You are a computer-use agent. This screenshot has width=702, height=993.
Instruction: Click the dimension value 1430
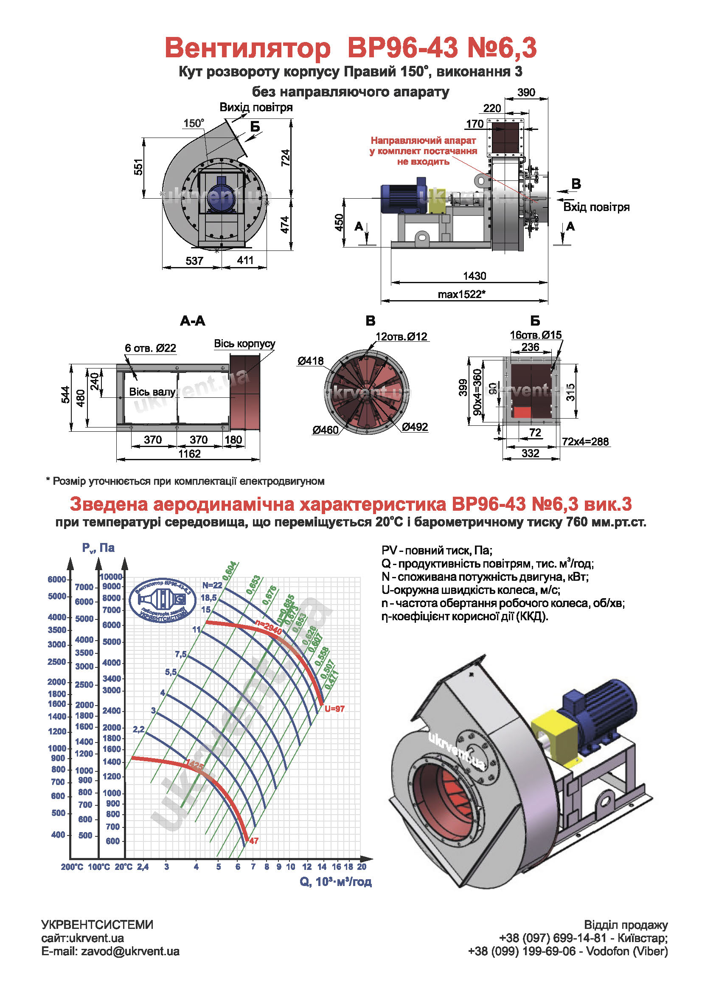coord(474,276)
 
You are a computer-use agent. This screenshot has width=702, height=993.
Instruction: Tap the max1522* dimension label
coord(461,295)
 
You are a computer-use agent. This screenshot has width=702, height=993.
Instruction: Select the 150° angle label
coord(193,123)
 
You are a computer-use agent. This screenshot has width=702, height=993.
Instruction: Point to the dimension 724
coord(285,158)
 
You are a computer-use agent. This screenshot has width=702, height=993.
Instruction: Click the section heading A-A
coord(192,321)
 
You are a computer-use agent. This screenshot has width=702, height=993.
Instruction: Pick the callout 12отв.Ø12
coord(401,337)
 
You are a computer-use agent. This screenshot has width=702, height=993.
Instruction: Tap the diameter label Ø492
coord(415,427)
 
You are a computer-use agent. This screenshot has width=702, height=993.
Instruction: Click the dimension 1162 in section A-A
coord(189,454)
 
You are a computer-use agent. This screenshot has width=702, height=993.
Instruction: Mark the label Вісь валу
coord(152,392)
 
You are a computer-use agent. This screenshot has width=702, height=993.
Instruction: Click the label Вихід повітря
coord(256,107)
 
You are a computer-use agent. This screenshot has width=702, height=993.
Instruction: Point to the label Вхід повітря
coord(596,207)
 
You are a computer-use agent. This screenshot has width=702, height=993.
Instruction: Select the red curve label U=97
coord(334,709)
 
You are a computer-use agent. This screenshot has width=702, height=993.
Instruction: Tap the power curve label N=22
coord(212,585)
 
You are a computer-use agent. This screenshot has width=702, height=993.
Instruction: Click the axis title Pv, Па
coord(98,548)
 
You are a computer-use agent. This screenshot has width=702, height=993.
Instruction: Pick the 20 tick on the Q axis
coord(362,867)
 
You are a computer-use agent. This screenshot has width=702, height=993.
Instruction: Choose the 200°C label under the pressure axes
coord(72,867)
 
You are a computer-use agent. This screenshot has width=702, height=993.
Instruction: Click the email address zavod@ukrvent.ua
coord(130,951)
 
